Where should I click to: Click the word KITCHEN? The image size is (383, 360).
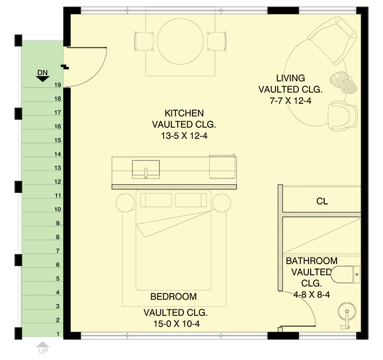click(184, 113)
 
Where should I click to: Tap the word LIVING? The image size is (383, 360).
click(291, 78)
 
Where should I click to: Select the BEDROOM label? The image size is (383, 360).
click(173, 296)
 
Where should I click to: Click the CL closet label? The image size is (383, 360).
click(322, 202)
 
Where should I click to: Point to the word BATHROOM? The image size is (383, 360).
click(312, 261)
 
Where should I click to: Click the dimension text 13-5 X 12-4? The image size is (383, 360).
click(184, 136)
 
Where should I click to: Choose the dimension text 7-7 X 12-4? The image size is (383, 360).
click(291, 101)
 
